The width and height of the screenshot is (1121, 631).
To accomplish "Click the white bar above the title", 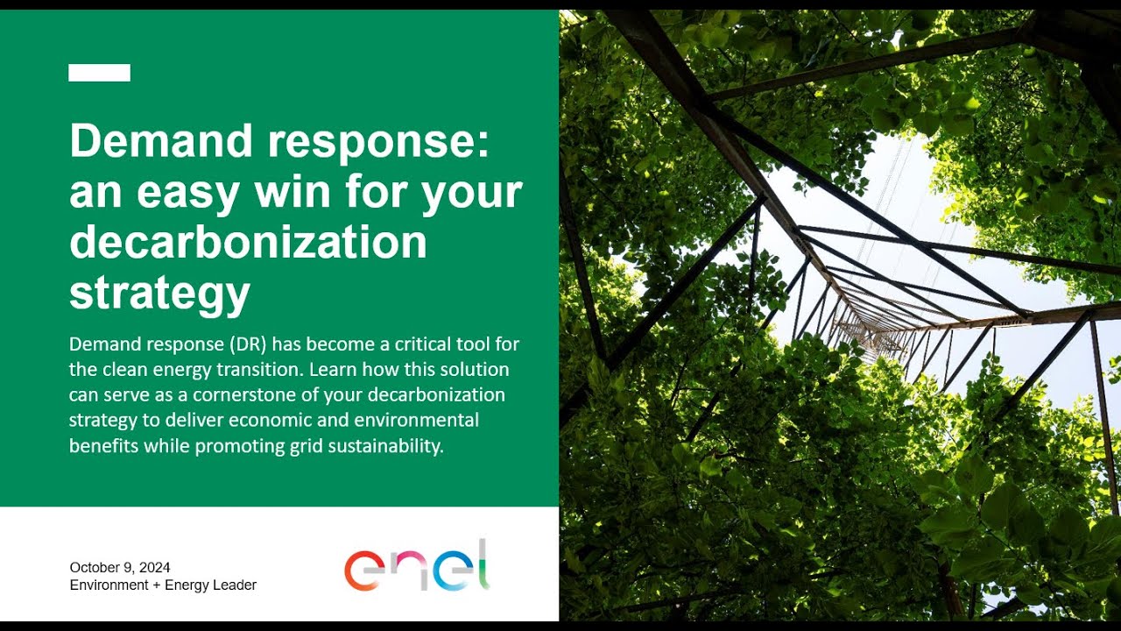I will pyautogui.click(x=99, y=73).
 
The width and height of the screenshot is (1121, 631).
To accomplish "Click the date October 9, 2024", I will pyautogui.click(x=120, y=567).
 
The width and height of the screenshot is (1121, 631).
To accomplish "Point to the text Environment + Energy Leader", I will pyautogui.click(x=163, y=585).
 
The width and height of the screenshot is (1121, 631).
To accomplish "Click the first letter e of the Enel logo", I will pyautogui.click(x=362, y=571).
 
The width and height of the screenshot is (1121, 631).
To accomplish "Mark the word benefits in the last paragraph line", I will pyautogui.click(x=103, y=445).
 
